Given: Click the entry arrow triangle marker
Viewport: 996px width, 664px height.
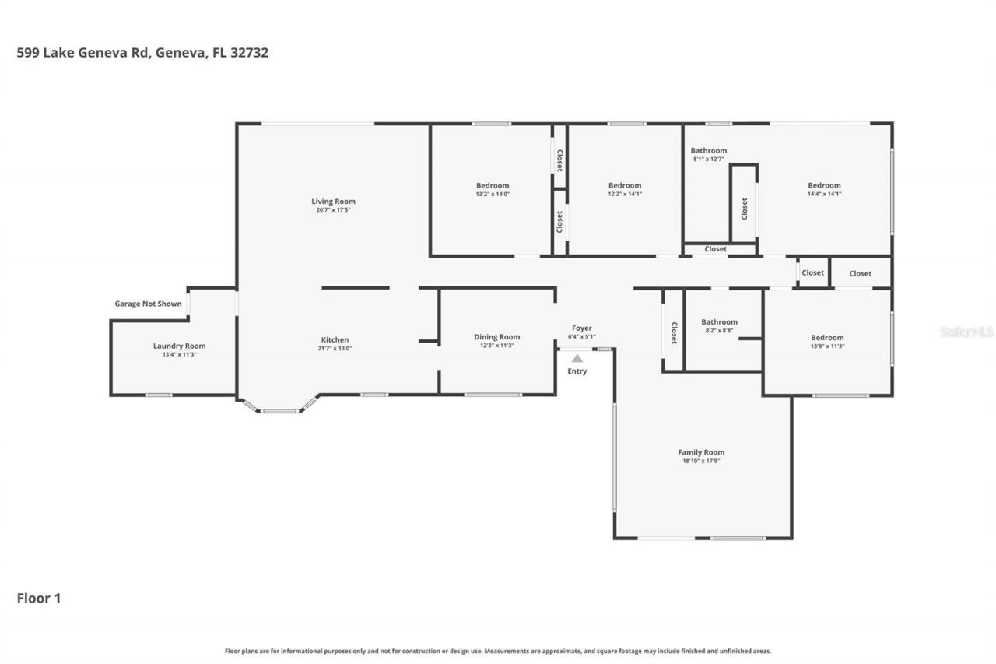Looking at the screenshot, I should click(x=577, y=359).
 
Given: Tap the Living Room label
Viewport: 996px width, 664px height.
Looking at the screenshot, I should click(x=333, y=202).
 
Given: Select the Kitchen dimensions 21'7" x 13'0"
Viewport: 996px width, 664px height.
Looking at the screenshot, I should click(x=335, y=349).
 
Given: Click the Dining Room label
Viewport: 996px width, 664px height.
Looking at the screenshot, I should click(x=496, y=337).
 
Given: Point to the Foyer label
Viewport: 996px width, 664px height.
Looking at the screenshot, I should click(x=582, y=328).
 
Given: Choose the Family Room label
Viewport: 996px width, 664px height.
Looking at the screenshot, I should click(x=701, y=452).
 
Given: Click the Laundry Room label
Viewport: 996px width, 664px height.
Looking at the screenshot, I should click(x=179, y=346).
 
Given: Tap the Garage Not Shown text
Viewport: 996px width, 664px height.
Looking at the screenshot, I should click(x=148, y=304).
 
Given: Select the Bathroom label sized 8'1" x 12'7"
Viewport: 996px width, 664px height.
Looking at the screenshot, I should click(x=709, y=150).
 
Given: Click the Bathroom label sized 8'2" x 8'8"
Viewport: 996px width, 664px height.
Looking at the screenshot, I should click(x=719, y=321).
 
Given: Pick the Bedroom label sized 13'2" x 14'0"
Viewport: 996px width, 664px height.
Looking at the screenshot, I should click(x=493, y=185).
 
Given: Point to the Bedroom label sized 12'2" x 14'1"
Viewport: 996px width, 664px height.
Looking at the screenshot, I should click(x=625, y=185).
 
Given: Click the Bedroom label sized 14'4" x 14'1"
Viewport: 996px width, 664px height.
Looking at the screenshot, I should click(x=824, y=185).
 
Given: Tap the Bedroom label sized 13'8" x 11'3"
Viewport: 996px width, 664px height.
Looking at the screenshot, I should click(x=827, y=338).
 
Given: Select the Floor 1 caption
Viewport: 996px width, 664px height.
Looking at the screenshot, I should click(x=39, y=598).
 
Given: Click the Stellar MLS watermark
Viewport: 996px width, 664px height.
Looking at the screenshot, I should click(x=966, y=332).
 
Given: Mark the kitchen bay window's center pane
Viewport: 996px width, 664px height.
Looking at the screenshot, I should click(x=279, y=410).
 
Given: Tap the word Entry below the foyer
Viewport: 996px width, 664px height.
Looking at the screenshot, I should click(x=577, y=371).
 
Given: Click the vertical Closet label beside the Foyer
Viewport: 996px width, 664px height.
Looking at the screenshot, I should click(x=674, y=332).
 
